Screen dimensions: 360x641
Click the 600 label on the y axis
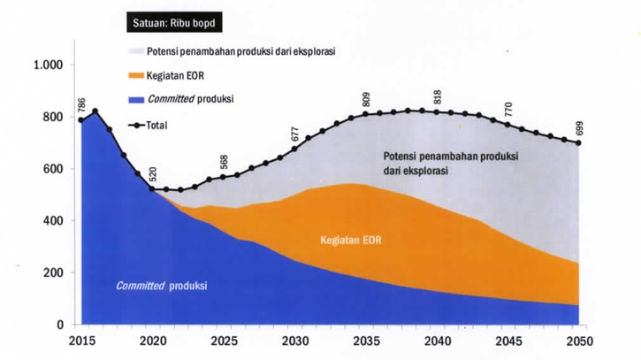[56, 169]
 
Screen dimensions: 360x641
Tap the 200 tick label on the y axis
[56, 272]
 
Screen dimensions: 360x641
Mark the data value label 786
[82, 105]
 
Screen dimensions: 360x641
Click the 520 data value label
[153, 174]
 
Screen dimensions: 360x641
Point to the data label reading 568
[225, 162]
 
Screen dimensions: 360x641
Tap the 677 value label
[295, 134]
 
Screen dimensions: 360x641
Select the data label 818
[438, 97]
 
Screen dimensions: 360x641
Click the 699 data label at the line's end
[580, 127]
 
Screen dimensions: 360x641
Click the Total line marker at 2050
[579, 143]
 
